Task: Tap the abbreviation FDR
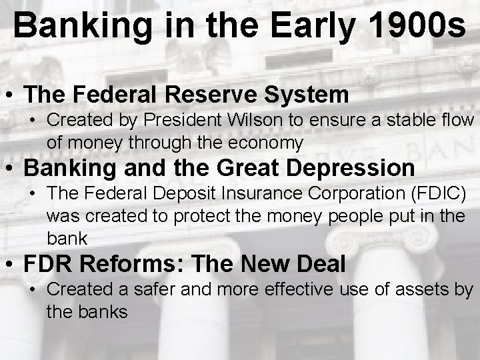click(48, 264)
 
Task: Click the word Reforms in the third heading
click(130, 264)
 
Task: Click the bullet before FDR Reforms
click(10, 265)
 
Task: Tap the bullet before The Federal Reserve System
click(10, 95)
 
